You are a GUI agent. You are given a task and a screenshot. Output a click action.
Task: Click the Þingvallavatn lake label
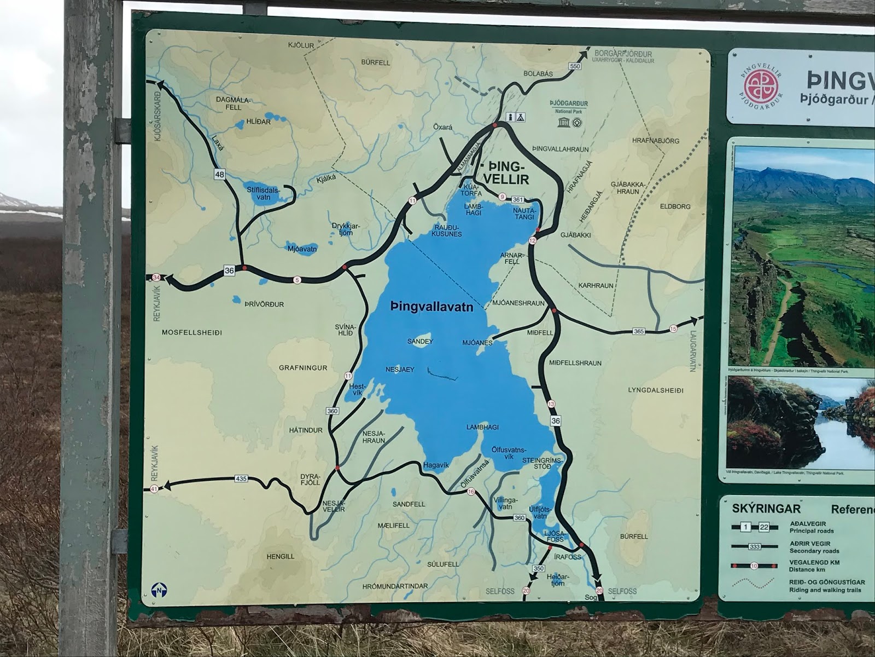coord(432,308)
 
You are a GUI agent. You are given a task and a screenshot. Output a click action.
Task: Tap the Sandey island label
coord(420,342)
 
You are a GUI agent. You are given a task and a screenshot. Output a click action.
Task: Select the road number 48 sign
coord(220,175)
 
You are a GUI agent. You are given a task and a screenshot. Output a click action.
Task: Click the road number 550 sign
coord(574,66)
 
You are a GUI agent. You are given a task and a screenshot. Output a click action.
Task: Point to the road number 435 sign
coord(241,479)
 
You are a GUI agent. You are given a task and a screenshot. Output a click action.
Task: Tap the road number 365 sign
coord(639,331)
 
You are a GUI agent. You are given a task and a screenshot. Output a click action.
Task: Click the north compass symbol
coord(159,591)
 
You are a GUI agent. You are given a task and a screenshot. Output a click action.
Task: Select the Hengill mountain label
coord(280,556)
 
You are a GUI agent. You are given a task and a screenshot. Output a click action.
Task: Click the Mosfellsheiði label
coord(192,332)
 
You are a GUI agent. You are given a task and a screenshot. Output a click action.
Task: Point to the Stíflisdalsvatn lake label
coord(263,194)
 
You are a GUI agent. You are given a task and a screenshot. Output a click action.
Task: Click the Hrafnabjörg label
coord(655,141)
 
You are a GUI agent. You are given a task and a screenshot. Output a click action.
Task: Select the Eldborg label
coord(675,206)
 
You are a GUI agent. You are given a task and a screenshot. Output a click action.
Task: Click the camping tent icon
coord(520,117)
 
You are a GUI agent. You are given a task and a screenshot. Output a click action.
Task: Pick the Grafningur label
coord(303,368)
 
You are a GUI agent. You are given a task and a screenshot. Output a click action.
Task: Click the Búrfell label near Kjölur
coord(376,62)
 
